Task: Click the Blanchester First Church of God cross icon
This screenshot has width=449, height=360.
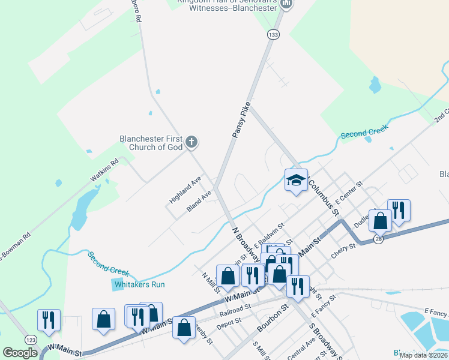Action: tap(191, 142)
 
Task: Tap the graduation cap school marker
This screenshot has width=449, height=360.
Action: tap(296, 181)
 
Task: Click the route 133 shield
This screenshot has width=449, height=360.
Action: tap(274, 35)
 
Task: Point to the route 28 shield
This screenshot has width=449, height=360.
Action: tap(378, 239)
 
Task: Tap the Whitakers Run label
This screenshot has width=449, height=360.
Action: tap(139, 284)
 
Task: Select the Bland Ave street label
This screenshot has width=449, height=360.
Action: tap(199, 201)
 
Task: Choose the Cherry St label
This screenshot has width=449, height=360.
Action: tap(344, 251)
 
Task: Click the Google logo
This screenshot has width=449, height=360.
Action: tap(20, 353)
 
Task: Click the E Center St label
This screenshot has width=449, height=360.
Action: tap(350, 192)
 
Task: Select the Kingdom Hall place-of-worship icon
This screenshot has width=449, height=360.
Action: tap(286, 4)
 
